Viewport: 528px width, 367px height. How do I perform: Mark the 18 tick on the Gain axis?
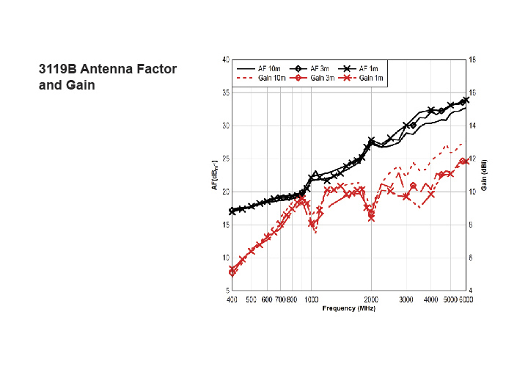point(473,59)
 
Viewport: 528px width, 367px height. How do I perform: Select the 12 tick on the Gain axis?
point(473,159)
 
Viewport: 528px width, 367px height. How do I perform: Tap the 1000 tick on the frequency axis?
point(312,299)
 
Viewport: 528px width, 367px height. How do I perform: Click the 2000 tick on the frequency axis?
point(371,299)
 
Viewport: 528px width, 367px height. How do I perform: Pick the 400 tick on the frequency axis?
point(232,299)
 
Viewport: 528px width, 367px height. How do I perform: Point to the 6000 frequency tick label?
point(464,299)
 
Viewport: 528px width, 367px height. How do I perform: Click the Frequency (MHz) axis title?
point(349,308)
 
